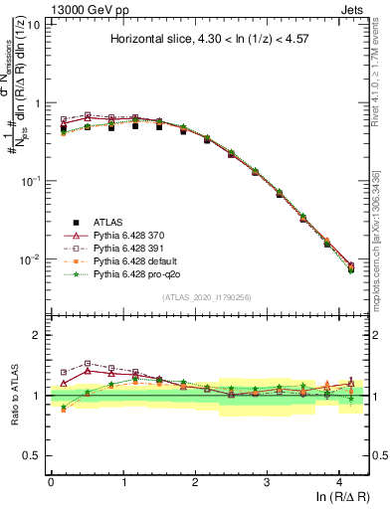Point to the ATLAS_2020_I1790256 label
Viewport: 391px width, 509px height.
tap(208, 296)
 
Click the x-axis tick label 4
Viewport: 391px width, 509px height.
tap(339, 481)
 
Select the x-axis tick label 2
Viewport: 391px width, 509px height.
tap(195, 481)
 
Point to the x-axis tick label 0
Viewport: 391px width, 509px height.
tap(51, 481)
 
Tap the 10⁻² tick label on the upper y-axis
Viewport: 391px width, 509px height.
tap(31, 259)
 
